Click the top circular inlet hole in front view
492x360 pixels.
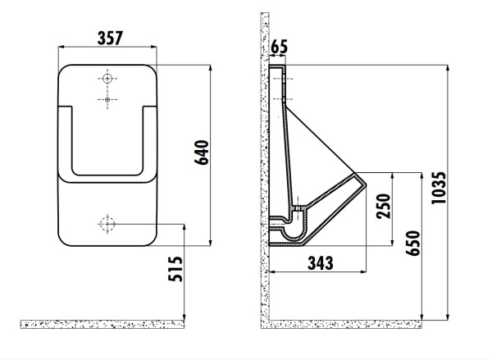(x=107, y=79)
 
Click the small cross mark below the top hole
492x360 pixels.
(x=107, y=100)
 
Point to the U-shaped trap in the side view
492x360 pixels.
(x=289, y=230)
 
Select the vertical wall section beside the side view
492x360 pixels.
(x=265, y=164)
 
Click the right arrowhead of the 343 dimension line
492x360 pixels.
(x=363, y=271)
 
